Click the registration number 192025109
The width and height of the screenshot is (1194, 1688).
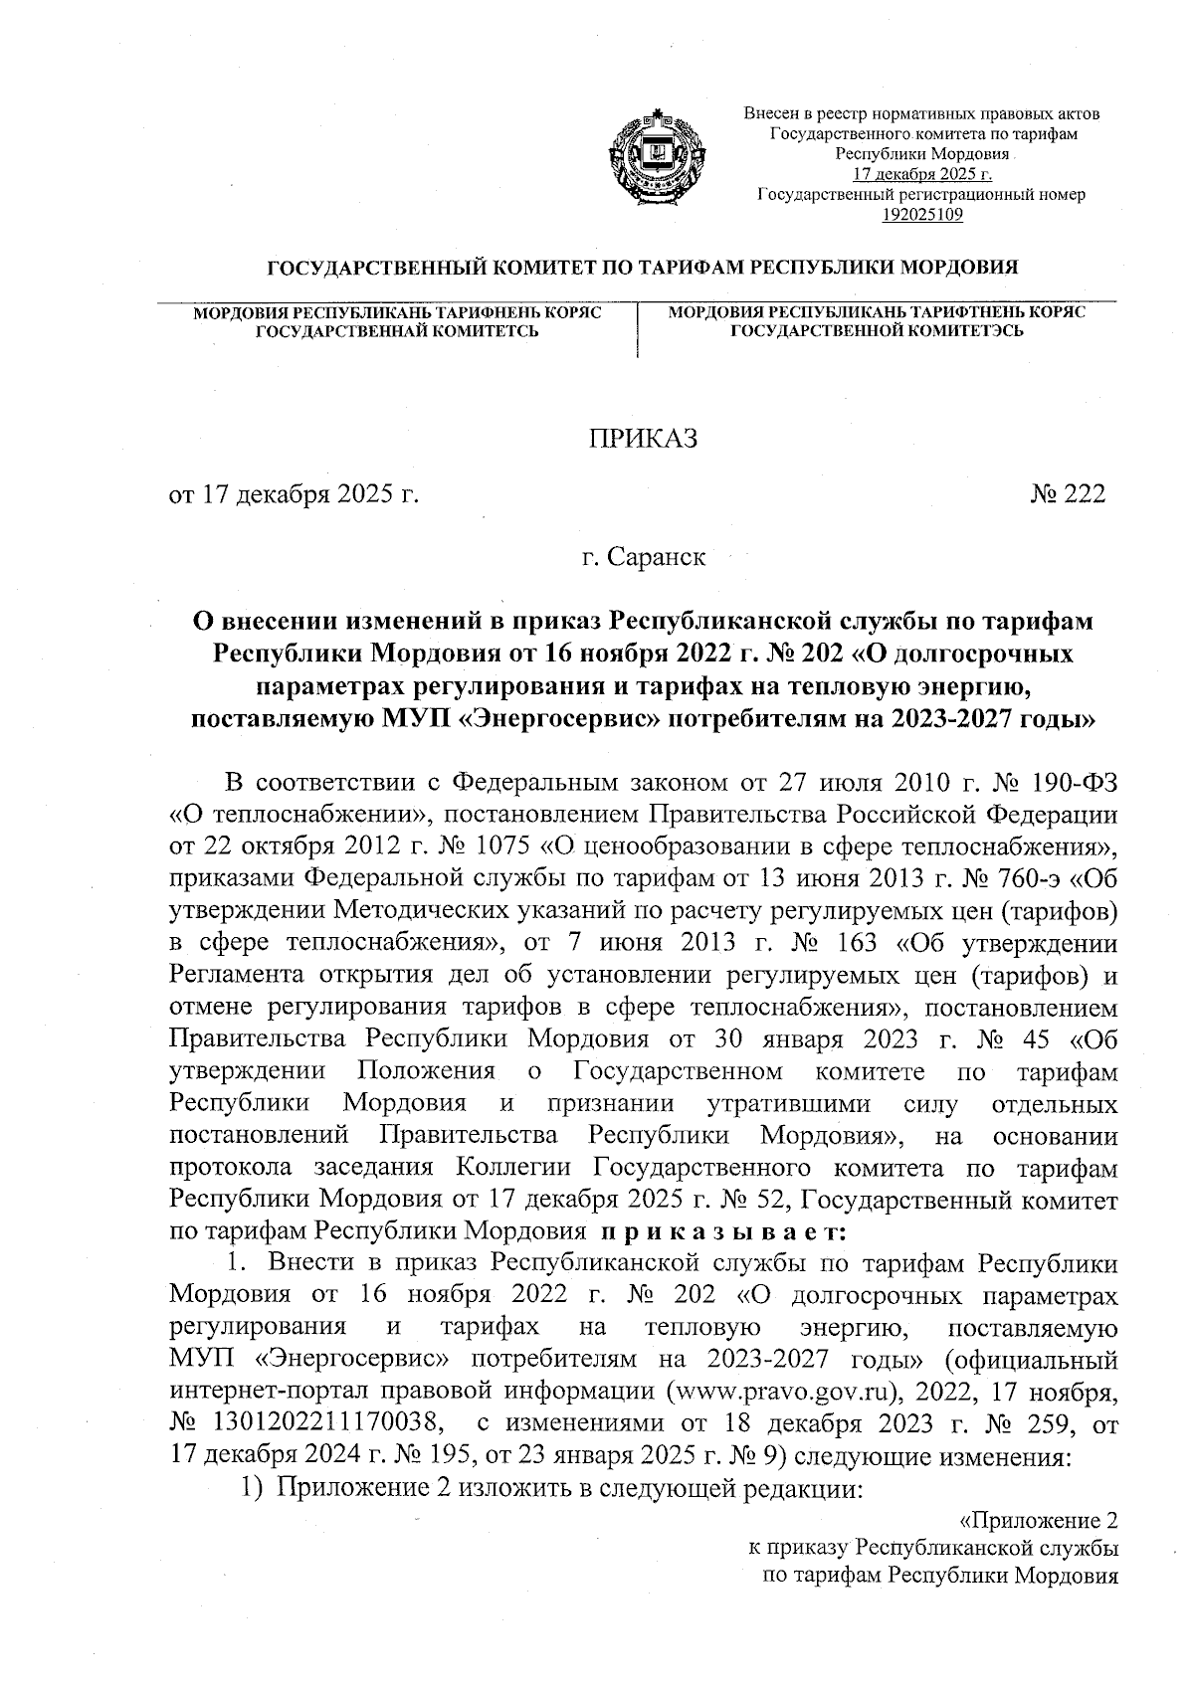(x=921, y=214)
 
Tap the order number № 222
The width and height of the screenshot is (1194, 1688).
(x=1068, y=493)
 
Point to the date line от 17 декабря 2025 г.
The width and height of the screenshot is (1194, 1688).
(x=294, y=493)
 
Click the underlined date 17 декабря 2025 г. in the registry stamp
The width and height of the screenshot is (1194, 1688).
(x=921, y=175)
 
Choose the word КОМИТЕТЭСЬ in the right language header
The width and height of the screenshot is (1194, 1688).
(x=960, y=331)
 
